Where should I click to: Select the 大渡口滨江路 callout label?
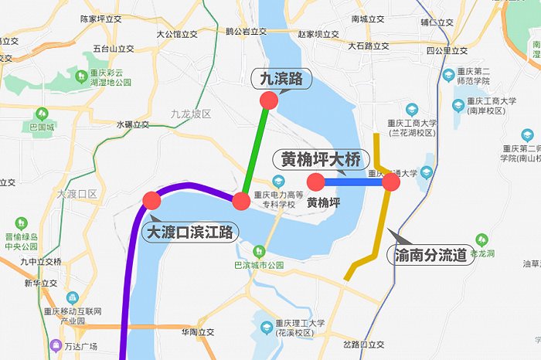pyautogui.click(x=192, y=231)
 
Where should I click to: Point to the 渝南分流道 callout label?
pyautogui.click(x=433, y=254)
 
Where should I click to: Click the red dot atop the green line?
pyautogui.click(x=269, y=100)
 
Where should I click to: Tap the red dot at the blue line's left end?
pyautogui.click(x=316, y=182)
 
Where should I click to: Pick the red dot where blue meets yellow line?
pyautogui.click(x=391, y=182)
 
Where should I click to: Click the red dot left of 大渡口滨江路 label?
pyautogui.click(x=151, y=201)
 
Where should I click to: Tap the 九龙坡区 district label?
pyautogui.click(x=191, y=114)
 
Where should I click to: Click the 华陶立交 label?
pyautogui.click(x=196, y=333)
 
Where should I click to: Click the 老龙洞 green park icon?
pyautogui.click(x=482, y=239)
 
